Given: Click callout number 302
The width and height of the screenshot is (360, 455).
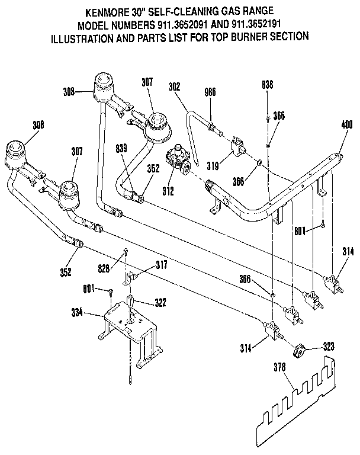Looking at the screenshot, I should [175, 86].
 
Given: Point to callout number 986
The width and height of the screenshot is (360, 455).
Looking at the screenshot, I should [210, 92].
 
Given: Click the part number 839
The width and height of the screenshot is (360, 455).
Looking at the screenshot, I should [122, 150].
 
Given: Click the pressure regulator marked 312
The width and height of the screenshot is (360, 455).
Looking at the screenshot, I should [178, 159].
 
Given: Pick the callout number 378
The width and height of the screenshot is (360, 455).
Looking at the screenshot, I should [280, 367].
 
